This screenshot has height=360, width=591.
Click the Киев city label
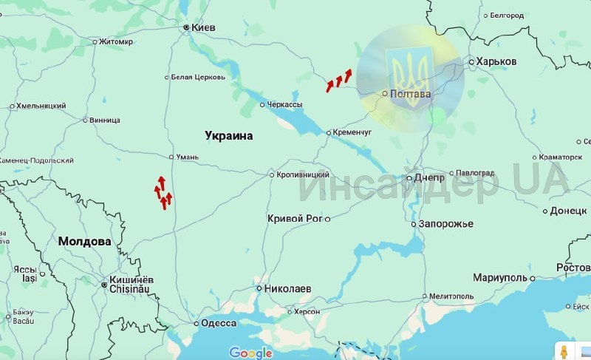coord(203,27)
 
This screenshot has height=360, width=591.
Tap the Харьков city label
coord(496,61)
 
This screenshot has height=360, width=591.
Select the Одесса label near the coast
coord(219,323)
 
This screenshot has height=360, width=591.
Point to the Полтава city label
coord(411,95)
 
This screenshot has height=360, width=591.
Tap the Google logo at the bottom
coord(250,353)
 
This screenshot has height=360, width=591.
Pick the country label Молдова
coord(84,241)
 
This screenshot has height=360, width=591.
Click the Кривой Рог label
coord(295,218)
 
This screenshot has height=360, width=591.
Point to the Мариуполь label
coord(500,278)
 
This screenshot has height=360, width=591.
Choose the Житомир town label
coord(116,41)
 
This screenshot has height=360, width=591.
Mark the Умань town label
coord(189,157)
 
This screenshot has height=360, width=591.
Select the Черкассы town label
coord(284,105)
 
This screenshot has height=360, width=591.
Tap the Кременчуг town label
coord(352,132)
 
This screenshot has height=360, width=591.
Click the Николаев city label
coord(288,288)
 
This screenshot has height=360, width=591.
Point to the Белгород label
coord(506,15)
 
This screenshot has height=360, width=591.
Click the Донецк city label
coord(567,211)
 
